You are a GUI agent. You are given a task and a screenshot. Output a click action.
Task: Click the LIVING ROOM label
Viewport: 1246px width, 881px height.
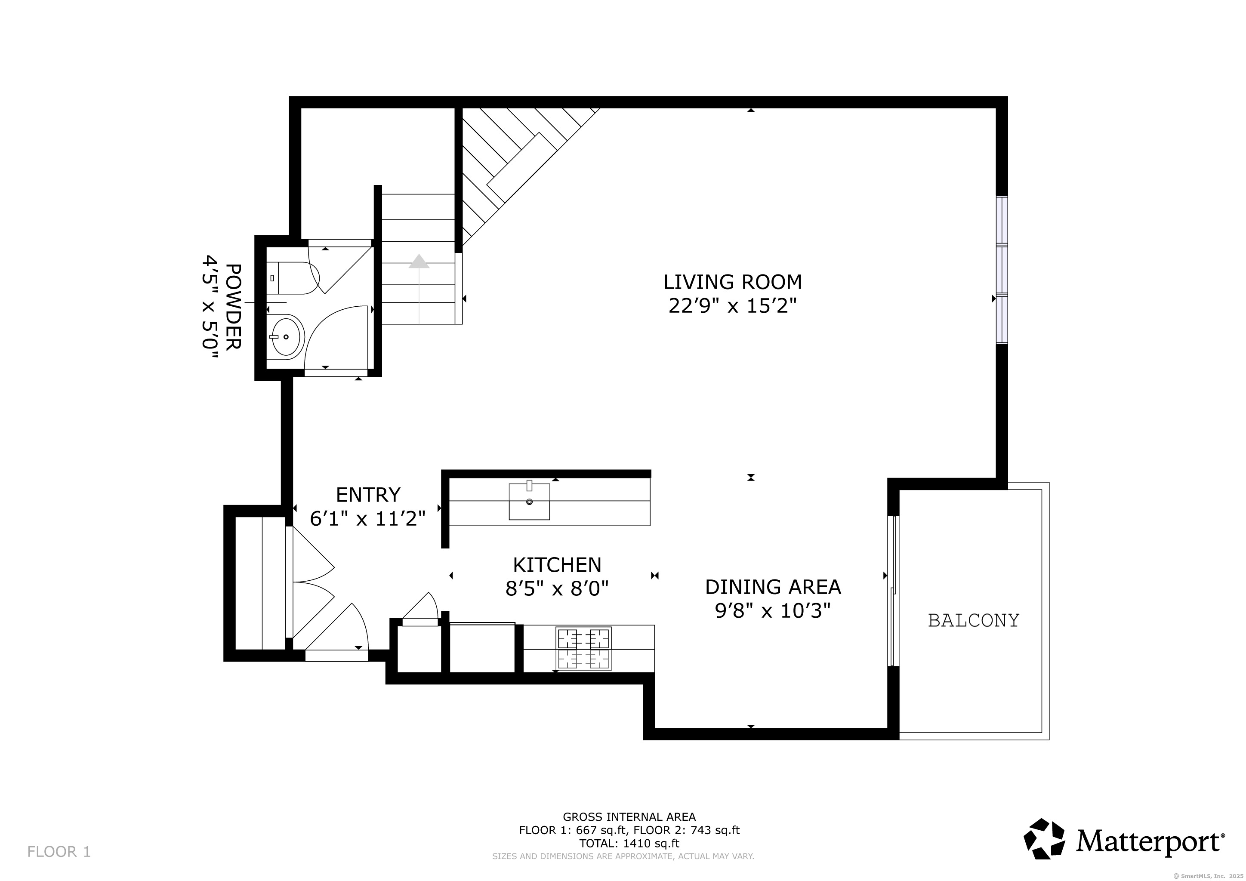[x=732, y=282]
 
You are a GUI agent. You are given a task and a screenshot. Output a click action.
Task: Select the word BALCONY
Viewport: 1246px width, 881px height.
[x=974, y=620]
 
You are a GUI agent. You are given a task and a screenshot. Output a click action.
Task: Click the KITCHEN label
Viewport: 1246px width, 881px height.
[x=557, y=565]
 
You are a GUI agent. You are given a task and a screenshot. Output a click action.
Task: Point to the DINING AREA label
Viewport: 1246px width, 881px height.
[x=773, y=587]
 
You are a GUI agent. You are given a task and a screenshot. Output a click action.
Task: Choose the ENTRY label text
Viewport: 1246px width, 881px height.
[x=368, y=495]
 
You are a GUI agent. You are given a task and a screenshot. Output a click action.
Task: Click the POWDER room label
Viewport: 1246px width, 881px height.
[x=233, y=307]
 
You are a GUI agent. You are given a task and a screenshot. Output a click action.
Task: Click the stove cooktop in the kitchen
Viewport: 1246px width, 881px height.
[x=584, y=649]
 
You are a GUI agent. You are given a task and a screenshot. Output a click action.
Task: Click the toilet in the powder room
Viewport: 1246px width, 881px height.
[x=293, y=278]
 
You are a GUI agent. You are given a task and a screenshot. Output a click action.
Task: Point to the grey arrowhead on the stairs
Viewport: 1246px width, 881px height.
[x=419, y=261]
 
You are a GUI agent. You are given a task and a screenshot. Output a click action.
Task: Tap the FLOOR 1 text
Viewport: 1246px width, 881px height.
[x=59, y=852]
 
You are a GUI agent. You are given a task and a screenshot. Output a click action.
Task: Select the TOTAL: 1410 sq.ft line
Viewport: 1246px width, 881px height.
[x=629, y=843]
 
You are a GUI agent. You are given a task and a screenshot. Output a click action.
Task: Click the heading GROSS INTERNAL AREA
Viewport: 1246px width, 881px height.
[x=629, y=816]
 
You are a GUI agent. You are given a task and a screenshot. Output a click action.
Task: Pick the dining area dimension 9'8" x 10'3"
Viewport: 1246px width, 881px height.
[x=773, y=611]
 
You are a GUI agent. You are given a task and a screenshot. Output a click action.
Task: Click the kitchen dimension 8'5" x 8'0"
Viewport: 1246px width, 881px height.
[x=557, y=588]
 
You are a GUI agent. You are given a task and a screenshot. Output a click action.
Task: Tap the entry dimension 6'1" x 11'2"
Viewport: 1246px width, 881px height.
[x=367, y=519]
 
